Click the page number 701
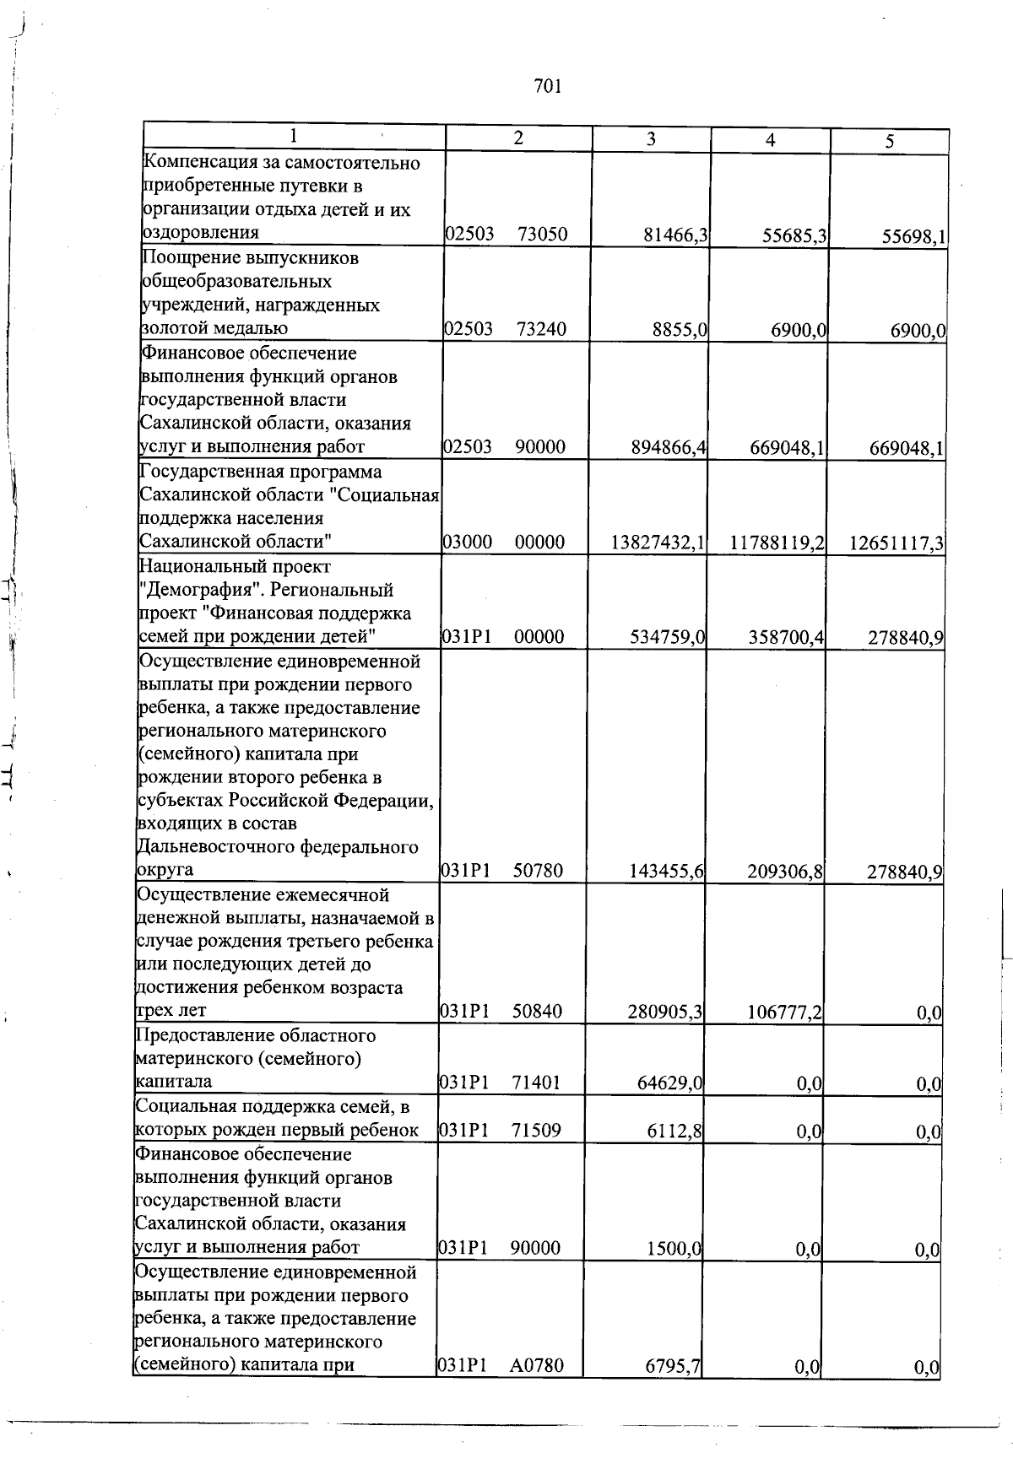(x=548, y=86)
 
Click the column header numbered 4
(x=770, y=142)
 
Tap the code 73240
(x=542, y=329)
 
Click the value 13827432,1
(x=658, y=543)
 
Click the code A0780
(x=536, y=1365)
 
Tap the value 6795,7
(x=674, y=1366)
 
